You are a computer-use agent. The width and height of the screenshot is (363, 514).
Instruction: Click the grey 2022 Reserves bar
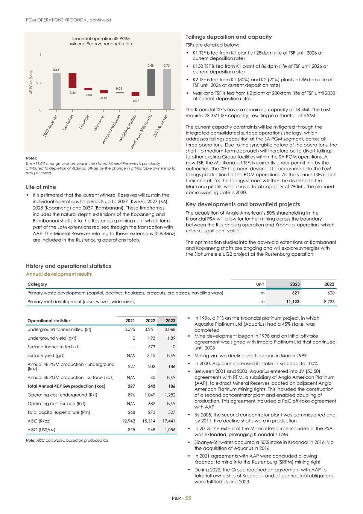tap(56, 91)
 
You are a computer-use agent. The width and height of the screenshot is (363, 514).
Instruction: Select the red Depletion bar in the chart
tap(72, 80)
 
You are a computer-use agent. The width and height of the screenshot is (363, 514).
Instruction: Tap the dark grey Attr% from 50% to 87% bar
tap(151, 82)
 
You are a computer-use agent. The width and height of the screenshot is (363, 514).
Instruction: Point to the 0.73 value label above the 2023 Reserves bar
tap(167, 66)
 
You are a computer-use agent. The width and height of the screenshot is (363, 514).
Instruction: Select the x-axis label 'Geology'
tap(84, 122)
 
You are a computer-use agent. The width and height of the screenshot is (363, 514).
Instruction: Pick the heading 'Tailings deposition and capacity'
tap(229, 37)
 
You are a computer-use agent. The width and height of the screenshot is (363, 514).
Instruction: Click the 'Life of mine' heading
tap(41, 187)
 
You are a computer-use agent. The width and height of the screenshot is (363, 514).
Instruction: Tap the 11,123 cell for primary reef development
tap(293, 302)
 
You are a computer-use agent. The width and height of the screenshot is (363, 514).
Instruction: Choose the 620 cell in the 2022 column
tap(331, 293)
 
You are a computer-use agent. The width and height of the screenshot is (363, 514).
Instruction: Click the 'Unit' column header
tap(260, 284)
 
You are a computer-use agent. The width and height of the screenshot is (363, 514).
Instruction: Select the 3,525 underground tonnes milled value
tap(129, 329)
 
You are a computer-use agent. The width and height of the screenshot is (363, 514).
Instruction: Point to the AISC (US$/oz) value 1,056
tap(170, 430)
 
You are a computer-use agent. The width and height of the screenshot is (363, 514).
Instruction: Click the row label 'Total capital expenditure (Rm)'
tap(59, 412)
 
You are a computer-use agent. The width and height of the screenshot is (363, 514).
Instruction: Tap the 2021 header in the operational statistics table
tap(130, 321)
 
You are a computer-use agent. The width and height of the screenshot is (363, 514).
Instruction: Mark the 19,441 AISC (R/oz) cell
tap(169, 421)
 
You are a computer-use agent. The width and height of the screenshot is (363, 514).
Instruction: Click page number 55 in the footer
tap(188, 498)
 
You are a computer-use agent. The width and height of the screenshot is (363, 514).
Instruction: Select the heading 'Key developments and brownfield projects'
tap(243, 204)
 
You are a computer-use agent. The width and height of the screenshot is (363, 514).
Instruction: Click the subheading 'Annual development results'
tap(59, 274)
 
